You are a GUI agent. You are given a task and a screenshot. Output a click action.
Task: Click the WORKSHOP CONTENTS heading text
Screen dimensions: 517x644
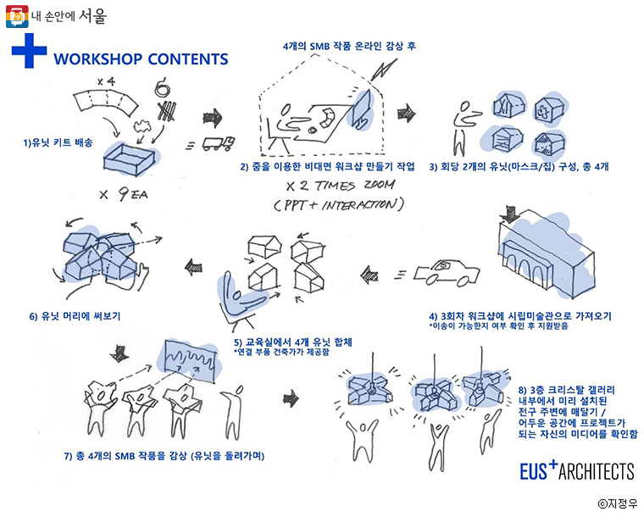click(x=140, y=59)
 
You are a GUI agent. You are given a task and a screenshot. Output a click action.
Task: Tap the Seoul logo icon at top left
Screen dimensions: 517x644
click(x=15, y=15)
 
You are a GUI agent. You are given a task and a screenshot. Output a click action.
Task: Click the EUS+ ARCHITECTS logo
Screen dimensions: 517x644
click(x=576, y=470)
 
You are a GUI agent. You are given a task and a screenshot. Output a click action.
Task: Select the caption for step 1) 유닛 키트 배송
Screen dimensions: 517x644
click(x=58, y=143)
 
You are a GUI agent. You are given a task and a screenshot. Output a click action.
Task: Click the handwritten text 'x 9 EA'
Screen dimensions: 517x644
click(x=124, y=194)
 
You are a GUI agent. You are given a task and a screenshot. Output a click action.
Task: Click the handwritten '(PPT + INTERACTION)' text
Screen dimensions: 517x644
click(x=339, y=206)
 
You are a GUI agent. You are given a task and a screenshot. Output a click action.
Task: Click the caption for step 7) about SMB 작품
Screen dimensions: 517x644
click(x=164, y=455)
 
